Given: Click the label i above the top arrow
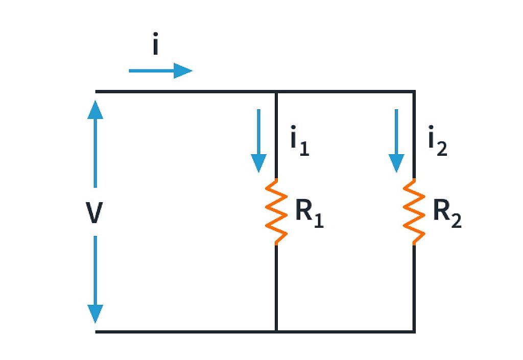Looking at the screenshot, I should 156,46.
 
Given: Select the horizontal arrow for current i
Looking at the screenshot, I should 160,70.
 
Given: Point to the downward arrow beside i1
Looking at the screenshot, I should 259,140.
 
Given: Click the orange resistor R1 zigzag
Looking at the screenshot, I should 276,211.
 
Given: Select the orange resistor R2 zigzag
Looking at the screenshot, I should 414,211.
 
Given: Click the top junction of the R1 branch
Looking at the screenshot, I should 276,92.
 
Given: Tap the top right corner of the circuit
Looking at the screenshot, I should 414,92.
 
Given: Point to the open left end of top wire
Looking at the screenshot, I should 97,92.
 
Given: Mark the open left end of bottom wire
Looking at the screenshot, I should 97,332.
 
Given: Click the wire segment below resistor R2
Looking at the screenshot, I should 414,289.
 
